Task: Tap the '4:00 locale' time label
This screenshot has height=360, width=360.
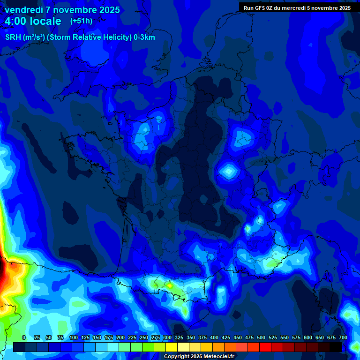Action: pyautogui.click(x=33, y=21)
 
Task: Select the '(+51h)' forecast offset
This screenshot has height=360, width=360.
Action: pyautogui.click(x=81, y=21)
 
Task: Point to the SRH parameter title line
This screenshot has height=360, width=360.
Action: pyautogui.click(x=80, y=37)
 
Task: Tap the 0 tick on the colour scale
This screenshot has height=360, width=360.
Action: pyautogui.click(x=24, y=337)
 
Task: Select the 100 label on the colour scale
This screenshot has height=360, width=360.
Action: pyautogui.click(x=74, y=337)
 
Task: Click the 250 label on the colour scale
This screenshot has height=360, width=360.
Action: pyautogui.click(x=144, y=337)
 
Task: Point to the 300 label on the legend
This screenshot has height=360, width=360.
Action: pyautogui.click(x=167, y=337)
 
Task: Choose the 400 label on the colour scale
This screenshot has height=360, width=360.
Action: pyautogui.click(x=214, y=337)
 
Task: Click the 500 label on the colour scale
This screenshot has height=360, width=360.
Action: pyautogui.click(x=261, y=337)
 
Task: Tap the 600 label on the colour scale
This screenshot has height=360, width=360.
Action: pyautogui.click(x=308, y=337)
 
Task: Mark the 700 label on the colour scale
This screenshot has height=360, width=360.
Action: pyautogui.click(x=343, y=337)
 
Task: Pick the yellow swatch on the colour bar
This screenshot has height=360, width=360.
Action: pyautogui.click(x=172, y=347)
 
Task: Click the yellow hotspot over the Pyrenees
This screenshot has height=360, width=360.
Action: pyautogui.click(x=169, y=285)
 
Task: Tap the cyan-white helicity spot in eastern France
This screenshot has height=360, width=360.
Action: pyautogui.click(x=229, y=172)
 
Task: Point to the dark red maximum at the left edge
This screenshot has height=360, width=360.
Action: pyautogui.click(x=2, y=272)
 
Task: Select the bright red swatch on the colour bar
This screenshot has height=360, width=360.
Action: pyautogui.click(x=265, y=347)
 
